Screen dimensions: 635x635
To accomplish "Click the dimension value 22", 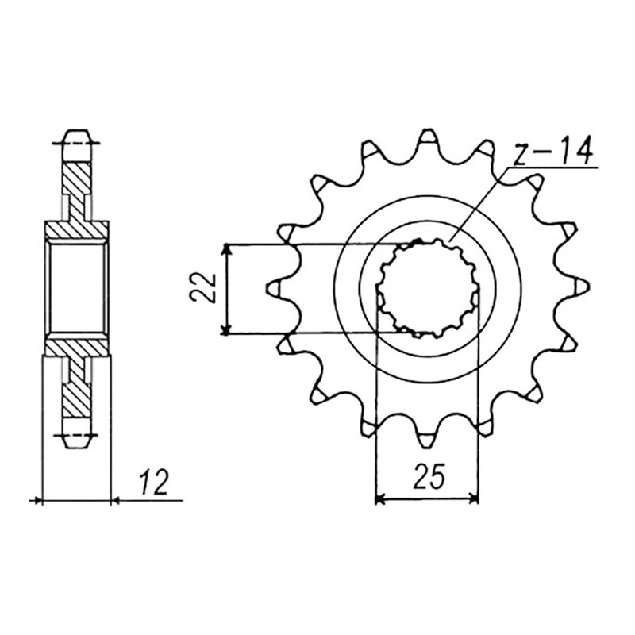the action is click(202, 288).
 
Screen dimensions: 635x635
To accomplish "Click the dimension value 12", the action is click(154, 483).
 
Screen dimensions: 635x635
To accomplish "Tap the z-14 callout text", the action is click(552, 151).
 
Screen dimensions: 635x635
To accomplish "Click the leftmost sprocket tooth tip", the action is click(269, 288).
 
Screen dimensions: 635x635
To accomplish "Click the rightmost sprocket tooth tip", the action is click(587, 288).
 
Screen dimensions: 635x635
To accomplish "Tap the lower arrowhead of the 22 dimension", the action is click(228, 329).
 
